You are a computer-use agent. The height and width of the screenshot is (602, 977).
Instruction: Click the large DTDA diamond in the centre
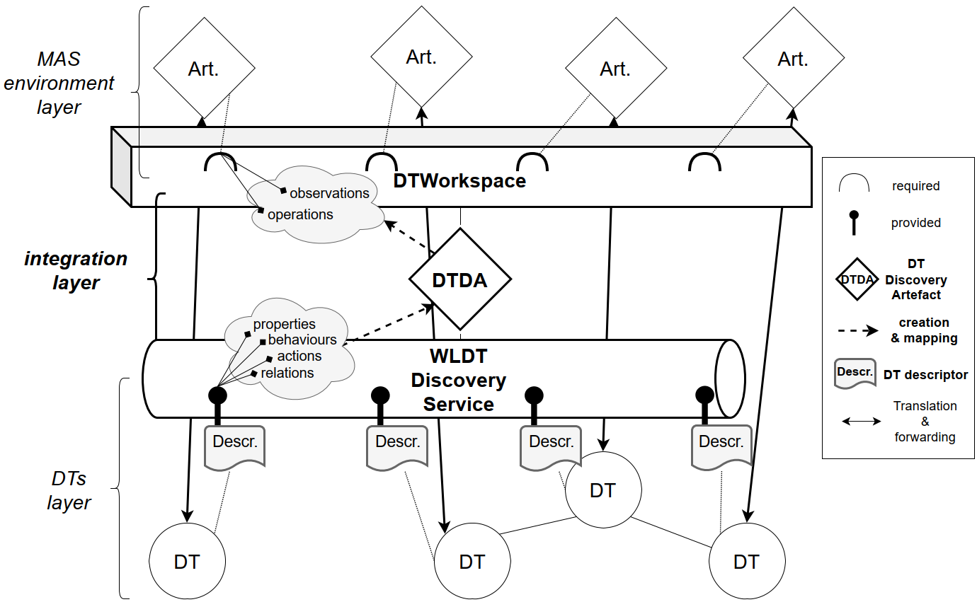pyautogui.click(x=460, y=279)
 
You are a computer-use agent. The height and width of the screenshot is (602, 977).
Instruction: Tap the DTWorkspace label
pyautogui.click(x=459, y=181)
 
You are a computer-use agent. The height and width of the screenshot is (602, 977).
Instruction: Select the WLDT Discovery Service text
pyautogui.click(x=459, y=380)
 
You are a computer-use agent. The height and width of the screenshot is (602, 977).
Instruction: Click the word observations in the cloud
pyautogui.click(x=329, y=193)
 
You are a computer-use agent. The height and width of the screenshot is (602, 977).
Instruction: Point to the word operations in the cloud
pyautogui.click(x=300, y=214)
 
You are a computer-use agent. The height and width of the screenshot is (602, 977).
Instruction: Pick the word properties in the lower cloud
pyautogui.click(x=285, y=324)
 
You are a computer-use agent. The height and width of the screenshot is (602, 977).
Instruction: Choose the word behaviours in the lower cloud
pyautogui.click(x=302, y=340)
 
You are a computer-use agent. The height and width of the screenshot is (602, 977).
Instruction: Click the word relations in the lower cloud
pyautogui.click(x=287, y=373)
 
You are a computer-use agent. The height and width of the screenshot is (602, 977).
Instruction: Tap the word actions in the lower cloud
pyautogui.click(x=299, y=356)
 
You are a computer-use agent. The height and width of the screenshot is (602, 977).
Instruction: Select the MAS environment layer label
pyautogui.click(x=59, y=83)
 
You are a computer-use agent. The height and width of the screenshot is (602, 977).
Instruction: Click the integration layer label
pyautogui.click(x=76, y=270)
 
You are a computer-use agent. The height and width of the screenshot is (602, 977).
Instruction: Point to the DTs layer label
pyautogui.click(x=69, y=491)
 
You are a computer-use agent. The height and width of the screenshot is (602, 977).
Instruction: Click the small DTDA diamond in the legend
pyautogui.click(x=857, y=279)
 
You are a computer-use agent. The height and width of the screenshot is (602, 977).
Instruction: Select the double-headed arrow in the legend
pyautogui.click(x=861, y=422)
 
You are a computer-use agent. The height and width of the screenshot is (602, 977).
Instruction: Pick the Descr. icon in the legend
pyautogui.click(x=855, y=374)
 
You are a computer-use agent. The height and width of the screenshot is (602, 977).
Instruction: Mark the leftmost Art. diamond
pyautogui.click(x=204, y=69)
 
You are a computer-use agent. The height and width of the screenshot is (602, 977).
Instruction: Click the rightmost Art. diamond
pyautogui.click(x=793, y=59)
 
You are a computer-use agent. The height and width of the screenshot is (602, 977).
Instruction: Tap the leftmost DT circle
pyautogui.click(x=187, y=562)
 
